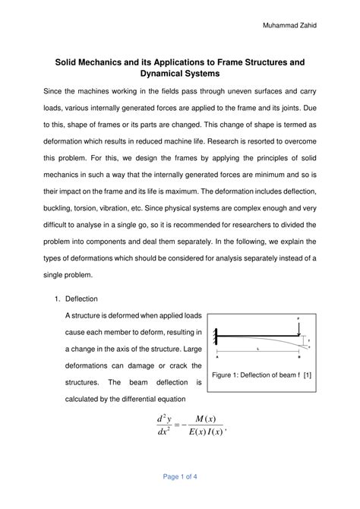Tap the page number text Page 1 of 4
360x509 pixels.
coord(180,477)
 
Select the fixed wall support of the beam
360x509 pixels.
coord(218,332)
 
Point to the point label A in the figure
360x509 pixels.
coord(218,356)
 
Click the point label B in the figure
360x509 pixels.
coord(298,356)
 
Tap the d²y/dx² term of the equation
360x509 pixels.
coord(163,426)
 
